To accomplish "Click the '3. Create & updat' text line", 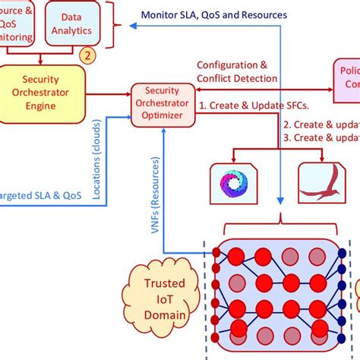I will click(321, 137).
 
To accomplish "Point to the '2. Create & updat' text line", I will click(321, 124).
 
